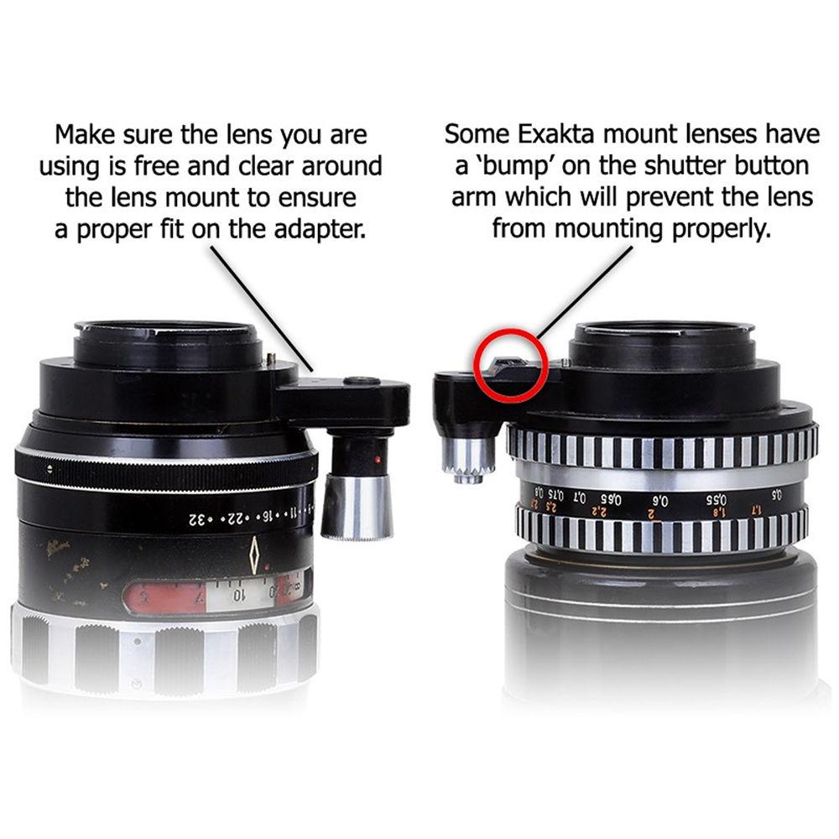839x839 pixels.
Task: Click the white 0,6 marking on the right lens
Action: pyautogui.click(x=661, y=502)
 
